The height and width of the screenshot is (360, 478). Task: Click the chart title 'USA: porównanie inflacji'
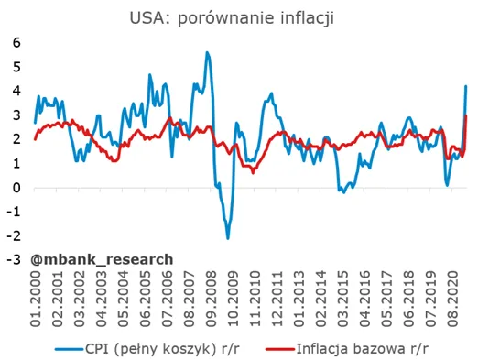(x=232, y=18)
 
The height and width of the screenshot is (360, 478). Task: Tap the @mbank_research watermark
(x=102, y=259)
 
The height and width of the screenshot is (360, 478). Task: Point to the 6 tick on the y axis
(x=16, y=42)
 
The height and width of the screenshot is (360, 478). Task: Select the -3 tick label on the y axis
(x=14, y=259)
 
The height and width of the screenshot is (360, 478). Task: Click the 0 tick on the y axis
(x=16, y=188)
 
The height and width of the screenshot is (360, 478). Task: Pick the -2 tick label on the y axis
(x=14, y=235)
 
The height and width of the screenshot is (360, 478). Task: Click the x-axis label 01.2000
(x=36, y=299)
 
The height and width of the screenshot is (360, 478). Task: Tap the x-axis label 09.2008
(x=212, y=299)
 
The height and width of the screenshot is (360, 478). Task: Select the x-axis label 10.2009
(x=234, y=299)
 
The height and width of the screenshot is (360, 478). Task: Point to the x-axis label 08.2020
(x=453, y=299)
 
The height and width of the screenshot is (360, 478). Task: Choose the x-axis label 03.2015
(x=343, y=299)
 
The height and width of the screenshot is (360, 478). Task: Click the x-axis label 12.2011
(x=277, y=299)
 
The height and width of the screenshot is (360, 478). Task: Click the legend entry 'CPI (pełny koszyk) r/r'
(x=162, y=349)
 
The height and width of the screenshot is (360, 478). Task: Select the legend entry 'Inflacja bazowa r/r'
(x=363, y=349)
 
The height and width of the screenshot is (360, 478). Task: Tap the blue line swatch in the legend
(x=69, y=349)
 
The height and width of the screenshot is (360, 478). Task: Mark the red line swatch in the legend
(x=280, y=349)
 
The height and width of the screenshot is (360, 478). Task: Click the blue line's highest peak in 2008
(x=207, y=52)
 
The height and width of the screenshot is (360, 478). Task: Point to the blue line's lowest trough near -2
(x=228, y=238)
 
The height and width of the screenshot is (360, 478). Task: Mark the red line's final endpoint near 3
(x=466, y=115)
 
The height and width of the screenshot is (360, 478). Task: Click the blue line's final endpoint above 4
(x=466, y=86)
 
